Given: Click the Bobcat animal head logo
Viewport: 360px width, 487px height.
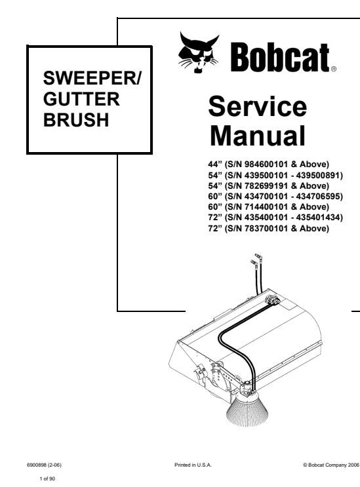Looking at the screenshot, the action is pos(198,52).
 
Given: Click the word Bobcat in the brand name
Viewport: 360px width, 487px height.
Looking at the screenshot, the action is pos(280,58).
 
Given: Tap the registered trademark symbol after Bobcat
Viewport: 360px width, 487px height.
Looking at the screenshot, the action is pos(334,69).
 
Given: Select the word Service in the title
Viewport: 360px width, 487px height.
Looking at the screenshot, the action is pos(258,107).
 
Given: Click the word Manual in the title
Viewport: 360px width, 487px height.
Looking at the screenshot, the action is pos(258,136).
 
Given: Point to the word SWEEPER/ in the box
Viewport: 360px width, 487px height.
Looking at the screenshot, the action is pos(92,78).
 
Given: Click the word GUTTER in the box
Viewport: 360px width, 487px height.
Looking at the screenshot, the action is pos(81,99).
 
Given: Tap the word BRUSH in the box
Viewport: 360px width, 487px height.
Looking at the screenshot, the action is pos(76,120).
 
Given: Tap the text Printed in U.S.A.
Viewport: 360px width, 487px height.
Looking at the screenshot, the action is pos(193,465).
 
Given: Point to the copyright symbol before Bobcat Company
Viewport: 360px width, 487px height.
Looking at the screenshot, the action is pos(305,465).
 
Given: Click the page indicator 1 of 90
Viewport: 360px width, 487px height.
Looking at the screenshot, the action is pos(47,478).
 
